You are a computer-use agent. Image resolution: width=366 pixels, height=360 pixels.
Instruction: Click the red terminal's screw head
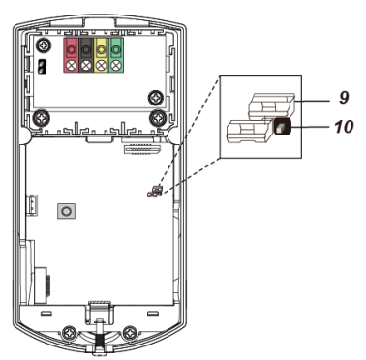point(71,66)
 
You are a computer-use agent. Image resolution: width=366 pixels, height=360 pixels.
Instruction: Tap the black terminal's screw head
point(86,66)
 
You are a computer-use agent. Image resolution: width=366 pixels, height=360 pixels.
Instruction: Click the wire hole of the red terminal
point(71,50)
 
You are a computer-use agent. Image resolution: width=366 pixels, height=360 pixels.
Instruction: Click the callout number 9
point(344,97)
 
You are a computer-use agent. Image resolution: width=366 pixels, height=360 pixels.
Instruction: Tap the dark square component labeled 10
point(282,126)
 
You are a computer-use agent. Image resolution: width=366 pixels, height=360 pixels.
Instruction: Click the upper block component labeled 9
point(271,105)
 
